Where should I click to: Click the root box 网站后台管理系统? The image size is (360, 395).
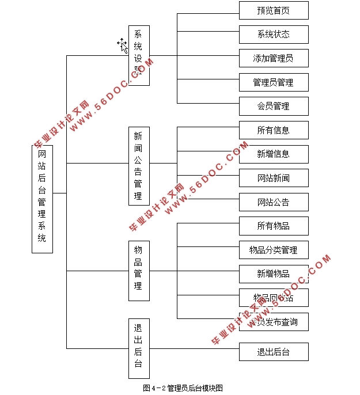click(42, 199)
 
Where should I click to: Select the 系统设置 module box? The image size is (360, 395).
click(139, 56)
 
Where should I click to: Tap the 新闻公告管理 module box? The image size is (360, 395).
click(139, 166)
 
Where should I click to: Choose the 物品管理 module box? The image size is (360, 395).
click(139, 271)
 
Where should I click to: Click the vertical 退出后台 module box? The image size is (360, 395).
click(139, 348)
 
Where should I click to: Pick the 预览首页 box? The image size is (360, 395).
click(274, 10)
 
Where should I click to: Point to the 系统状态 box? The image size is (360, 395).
click(274, 35)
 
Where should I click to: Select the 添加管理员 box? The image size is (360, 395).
click(274, 58)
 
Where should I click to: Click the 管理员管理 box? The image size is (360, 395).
click(274, 82)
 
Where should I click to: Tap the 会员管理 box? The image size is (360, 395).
click(274, 106)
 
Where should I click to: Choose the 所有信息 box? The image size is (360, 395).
click(274, 130)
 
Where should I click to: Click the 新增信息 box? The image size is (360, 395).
click(274, 154)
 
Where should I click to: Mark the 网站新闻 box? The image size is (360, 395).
click(274, 178)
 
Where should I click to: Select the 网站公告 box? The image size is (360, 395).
click(274, 202)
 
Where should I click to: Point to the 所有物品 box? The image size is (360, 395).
click(274, 226)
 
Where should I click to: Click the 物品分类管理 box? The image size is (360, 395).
click(274, 250)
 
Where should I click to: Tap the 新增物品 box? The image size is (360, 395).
click(274, 274)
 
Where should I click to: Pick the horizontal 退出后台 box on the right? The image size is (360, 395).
click(274, 352)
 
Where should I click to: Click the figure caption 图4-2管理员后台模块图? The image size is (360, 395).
click(183, 388)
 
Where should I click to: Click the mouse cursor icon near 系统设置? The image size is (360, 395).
click(122, 45)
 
